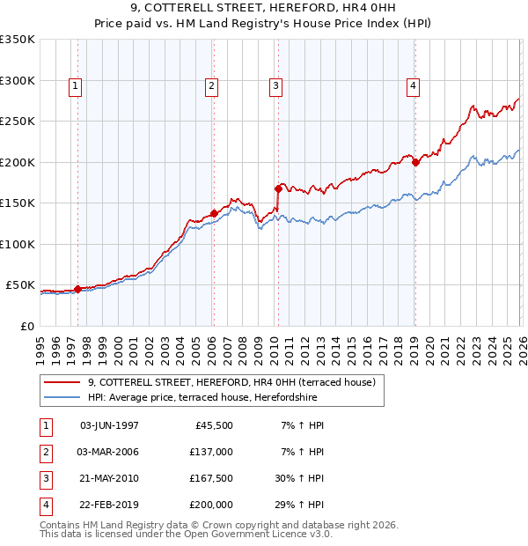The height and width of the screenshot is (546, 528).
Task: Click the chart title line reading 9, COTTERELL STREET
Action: (x=263, y=9)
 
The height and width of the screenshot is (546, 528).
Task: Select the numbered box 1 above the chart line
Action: (x=76, y=85)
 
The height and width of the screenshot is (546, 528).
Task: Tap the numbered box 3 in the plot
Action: (x=275, y=85)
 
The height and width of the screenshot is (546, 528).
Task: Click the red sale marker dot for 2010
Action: (x=278, y=188)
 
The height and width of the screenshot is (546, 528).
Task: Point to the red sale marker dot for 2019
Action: (x=415, y=162)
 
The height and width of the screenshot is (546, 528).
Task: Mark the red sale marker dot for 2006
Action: (x=214, y=213)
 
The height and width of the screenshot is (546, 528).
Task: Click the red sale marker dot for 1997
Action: (x=77, y=288)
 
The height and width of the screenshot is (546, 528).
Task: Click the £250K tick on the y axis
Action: (x=18, y=122)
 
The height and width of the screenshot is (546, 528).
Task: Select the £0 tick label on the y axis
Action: (x=26, y=326)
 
